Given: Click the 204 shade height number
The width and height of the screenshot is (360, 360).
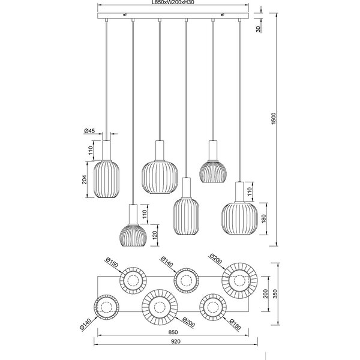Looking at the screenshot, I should (85, 179).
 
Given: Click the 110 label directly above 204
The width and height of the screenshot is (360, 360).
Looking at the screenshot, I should (85, 151).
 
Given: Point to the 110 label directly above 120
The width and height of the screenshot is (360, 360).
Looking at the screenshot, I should (145, 212).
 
